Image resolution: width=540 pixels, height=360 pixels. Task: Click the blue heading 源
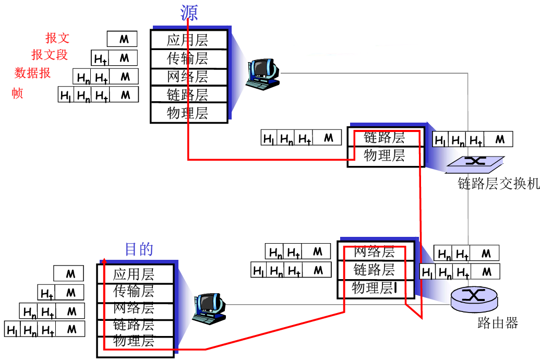(x=189, y=12)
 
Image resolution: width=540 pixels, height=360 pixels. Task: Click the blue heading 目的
(x=139, y=249)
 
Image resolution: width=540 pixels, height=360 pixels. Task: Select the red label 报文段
(x=50, y=55)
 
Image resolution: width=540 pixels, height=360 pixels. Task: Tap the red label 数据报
(x=32, y=73)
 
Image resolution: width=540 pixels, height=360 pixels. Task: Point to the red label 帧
(x=18, y=93)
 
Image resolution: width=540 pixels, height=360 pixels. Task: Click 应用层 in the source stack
(x=188, y=40)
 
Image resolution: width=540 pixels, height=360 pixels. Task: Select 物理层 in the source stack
(x=188, y=113)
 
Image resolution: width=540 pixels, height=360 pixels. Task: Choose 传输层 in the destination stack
(x=134, y=291)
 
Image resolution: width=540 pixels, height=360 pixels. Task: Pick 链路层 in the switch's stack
(x=385, y=138)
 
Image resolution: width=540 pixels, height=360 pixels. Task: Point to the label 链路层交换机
(x=498, y=184)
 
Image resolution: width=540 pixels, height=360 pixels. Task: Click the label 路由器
(x=498, y=323)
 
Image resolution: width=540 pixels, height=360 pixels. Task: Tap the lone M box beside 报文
(x=123, y=39)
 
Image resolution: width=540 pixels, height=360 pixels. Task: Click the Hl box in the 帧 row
(x=66, y=95)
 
